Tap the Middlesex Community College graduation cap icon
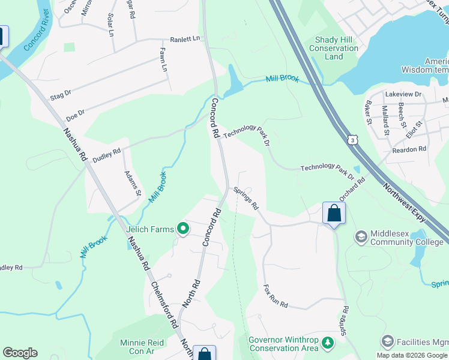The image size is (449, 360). pos(361,237)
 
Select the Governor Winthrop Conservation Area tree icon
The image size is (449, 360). pos(327,343)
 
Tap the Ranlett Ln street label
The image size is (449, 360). pos(185,38)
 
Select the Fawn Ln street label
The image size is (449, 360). pos(163,60)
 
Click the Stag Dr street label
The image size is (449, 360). pos(61,94)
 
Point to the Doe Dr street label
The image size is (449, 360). pos(75,112)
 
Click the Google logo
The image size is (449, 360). pos(20,353)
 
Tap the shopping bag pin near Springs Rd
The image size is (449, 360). pos(334,213)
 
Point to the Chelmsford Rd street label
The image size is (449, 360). pos(164,304)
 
